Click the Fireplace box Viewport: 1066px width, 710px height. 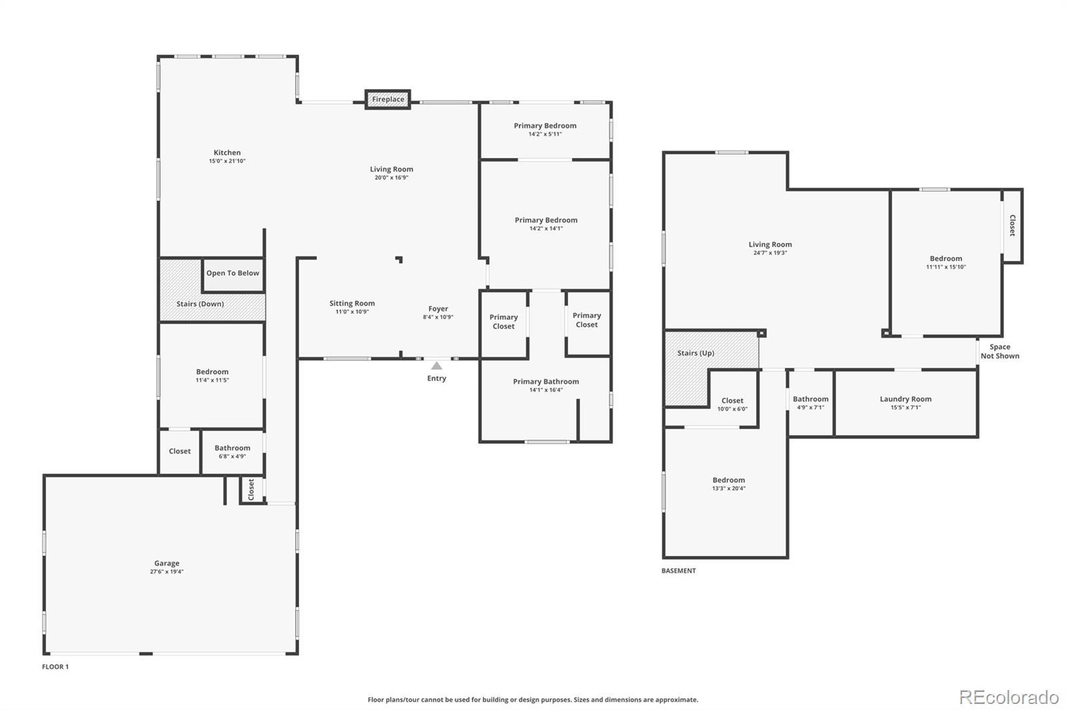tap(387, 99)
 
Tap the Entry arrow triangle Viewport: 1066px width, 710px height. tap(436, 366)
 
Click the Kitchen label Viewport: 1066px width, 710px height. tap(227, 153)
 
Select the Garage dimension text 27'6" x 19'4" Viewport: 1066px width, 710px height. tap(167, 571)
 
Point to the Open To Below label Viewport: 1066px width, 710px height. tap(233, 273)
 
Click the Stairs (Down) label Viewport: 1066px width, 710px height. tap(200, 304)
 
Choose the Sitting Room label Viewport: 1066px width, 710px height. tap(352, 304)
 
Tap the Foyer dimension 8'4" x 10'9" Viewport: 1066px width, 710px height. tap(438, 317)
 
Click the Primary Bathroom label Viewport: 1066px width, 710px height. tap(546, 382)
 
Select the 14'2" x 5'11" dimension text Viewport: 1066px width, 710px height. tap(545, 134)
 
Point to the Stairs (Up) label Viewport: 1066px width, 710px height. tap(696, 353)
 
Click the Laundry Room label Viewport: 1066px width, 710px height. tap(905, 399)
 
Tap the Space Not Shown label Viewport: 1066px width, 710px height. tap(1000, 352)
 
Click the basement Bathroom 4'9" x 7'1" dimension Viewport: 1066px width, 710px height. tap(810, 408)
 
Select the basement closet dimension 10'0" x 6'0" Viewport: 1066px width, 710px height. tap(732, 409)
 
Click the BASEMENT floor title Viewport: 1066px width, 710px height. tap(679, 571)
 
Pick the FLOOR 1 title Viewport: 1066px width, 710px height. tap(55, 667)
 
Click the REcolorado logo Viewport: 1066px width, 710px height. tap(1009, 697)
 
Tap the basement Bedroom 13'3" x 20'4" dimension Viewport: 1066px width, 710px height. tap(729, 488)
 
